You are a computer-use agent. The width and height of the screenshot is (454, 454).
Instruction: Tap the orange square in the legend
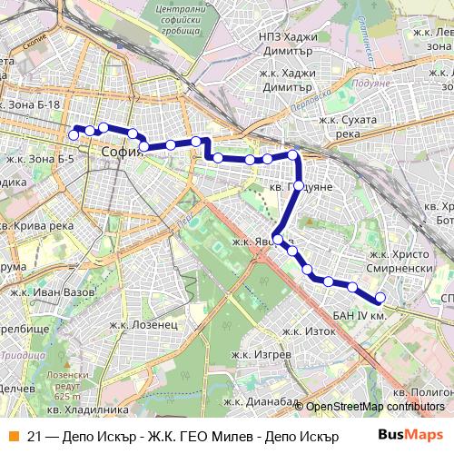coord(14,436)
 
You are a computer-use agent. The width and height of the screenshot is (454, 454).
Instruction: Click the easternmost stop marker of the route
coord(380,298)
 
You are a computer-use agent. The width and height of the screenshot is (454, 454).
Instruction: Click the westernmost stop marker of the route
coord(74,135)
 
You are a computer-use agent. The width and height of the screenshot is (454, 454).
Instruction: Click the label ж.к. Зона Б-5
coord(40,158)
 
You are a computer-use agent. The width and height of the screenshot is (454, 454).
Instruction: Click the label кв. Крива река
coord(36,225)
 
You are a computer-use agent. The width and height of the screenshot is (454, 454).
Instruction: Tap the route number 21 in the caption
coord(35,436)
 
